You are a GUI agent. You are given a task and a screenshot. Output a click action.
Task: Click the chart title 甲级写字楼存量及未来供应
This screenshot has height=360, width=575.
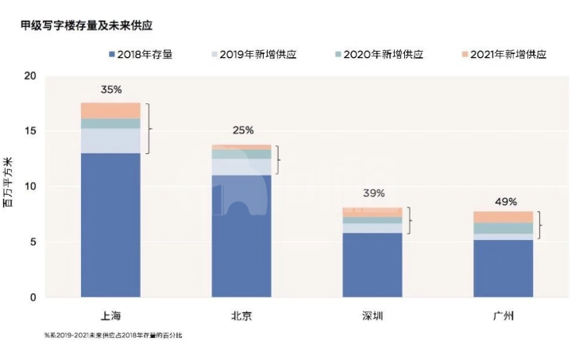[87, 25]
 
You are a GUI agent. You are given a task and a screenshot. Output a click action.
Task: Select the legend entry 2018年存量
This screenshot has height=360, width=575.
[141, 55]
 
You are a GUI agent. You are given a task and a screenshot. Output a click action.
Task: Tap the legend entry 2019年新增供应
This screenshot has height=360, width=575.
[254, 55]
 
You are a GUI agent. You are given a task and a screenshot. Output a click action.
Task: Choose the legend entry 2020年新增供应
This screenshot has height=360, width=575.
[380, 55]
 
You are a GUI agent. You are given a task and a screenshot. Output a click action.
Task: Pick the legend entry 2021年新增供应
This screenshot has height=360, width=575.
[504, 55]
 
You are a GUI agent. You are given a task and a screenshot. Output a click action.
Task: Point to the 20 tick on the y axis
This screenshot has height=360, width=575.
[30, 76]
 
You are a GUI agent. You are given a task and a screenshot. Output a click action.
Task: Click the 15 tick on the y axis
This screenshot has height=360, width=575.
[30, 131]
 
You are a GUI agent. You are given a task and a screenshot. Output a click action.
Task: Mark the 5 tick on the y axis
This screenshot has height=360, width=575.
[33, 242]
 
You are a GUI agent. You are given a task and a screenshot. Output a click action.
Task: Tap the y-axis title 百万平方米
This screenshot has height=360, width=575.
[8, 183]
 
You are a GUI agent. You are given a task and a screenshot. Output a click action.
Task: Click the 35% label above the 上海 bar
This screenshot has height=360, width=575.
[111, 90]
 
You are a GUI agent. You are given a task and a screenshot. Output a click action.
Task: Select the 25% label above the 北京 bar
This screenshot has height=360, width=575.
[243, 130]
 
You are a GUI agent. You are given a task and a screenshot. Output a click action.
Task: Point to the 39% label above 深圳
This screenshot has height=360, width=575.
[374, 193]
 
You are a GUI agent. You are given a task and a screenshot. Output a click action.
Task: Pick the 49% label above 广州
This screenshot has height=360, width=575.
[506, 202]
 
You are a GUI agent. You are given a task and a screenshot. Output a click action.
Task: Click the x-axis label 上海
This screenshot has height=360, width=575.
[110, 315]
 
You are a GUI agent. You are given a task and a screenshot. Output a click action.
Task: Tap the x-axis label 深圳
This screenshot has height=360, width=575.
[372, 315]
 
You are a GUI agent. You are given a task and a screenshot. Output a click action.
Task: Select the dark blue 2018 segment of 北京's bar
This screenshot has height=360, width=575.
[241, 236]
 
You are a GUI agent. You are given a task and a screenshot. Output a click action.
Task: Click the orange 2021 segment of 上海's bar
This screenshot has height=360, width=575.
[110, 110]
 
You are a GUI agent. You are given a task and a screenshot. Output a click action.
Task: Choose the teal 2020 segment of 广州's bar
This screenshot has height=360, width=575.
[504, 228]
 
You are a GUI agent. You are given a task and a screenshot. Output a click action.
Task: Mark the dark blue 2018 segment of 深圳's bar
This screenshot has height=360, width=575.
[372, 265]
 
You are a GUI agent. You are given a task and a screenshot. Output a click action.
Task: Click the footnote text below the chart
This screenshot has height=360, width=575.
[114, 335]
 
